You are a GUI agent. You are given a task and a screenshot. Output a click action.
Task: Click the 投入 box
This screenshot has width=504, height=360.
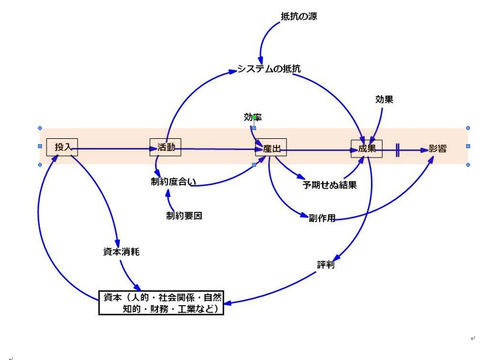click(62, 148)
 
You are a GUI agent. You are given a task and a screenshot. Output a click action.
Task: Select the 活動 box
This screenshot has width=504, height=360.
click(166, 147)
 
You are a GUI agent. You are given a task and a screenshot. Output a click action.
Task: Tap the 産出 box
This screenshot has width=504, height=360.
click(271, 148)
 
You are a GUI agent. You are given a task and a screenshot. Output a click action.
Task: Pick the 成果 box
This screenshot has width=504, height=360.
click(366, 149)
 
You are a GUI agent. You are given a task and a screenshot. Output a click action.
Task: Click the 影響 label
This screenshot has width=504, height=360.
click(437, 149)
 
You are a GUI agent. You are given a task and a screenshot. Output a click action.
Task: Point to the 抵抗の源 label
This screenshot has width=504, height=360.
click(299, 16)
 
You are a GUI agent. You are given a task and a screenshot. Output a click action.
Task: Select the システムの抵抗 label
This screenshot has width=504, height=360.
click(269, 69)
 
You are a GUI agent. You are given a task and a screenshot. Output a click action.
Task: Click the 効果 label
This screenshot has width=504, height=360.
click(384, 100)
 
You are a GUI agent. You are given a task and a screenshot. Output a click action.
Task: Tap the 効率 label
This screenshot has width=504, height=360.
click(253, 117)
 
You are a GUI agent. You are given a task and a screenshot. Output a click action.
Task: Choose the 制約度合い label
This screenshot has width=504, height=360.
click(173, 182)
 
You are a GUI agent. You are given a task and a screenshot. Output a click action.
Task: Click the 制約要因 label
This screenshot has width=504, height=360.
click(184, 216)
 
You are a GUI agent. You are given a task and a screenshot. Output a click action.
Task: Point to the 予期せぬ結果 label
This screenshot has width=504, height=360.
click(330, 185)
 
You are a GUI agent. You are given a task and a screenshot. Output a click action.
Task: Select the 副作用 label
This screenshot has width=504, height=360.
click(322, 218)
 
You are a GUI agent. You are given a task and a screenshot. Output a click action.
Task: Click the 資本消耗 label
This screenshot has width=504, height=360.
click(121, 252)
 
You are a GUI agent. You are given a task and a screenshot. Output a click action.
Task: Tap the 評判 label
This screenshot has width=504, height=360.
click(325, 265)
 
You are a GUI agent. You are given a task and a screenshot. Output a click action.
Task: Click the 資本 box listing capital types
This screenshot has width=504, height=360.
click(161, 303)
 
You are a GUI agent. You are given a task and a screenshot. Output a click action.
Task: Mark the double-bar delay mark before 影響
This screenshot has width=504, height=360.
click(397, 149)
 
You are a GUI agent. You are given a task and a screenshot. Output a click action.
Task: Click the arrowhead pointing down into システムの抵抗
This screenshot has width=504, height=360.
click(261, 61)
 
